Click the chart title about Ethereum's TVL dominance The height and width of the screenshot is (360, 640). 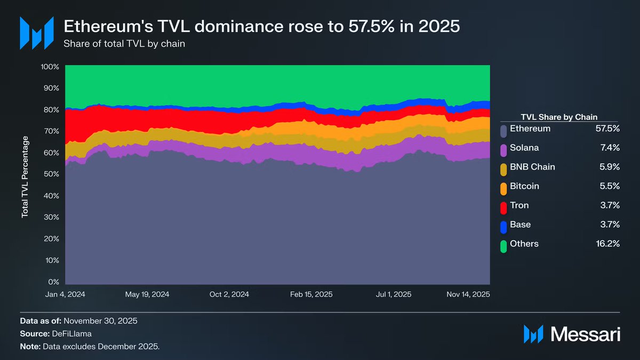261,26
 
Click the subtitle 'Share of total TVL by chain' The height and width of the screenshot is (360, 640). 124,44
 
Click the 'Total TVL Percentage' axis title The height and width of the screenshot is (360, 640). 25,177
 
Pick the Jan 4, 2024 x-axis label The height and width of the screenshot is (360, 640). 66,294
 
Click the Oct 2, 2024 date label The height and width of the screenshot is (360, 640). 229,294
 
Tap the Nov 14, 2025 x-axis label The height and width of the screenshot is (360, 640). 468,294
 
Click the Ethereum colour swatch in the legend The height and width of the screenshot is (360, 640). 503,129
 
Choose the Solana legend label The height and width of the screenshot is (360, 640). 524,148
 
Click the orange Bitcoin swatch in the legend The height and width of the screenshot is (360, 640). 503,187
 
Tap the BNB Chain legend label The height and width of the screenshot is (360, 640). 532,167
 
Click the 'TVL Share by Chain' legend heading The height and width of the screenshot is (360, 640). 558,117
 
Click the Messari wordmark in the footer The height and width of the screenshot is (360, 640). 585,334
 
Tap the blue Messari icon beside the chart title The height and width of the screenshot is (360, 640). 37,33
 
